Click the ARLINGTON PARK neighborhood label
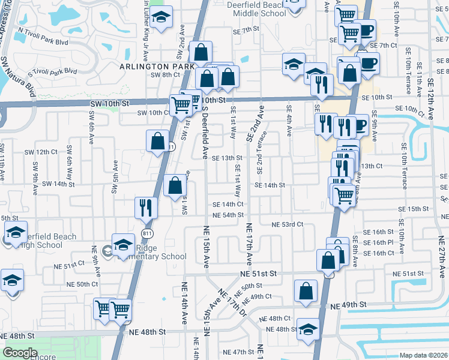click(157, 66)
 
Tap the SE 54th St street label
click(228, 215)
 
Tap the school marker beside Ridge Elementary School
click(123, 245)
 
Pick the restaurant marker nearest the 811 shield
click(146, 208)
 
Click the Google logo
click(21, 353)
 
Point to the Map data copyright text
click(424, 355)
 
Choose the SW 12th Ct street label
click(46, 152)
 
